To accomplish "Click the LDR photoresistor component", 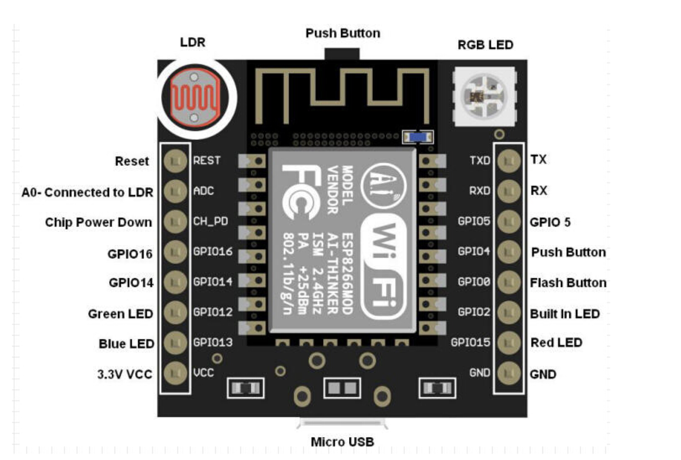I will (194, 98).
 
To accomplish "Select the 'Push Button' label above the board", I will (342, 33).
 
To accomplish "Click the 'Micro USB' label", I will (342, 442).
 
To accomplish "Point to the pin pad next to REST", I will (175, 161).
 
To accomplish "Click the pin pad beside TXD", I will (509, 161).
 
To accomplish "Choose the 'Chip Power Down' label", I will (98, 222).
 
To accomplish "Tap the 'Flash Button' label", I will (568, 283).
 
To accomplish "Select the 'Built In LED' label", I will (564, 314).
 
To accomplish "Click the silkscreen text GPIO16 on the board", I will (213, 251).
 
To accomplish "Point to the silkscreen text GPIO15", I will (470, 343).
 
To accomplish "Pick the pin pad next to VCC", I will (175, 373).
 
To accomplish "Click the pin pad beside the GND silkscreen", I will (509, 373).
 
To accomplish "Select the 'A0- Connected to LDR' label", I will (87, 192).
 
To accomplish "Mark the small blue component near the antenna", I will (418, 137).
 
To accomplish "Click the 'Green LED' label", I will (120, 314).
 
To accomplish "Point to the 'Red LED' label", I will (556, 343).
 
